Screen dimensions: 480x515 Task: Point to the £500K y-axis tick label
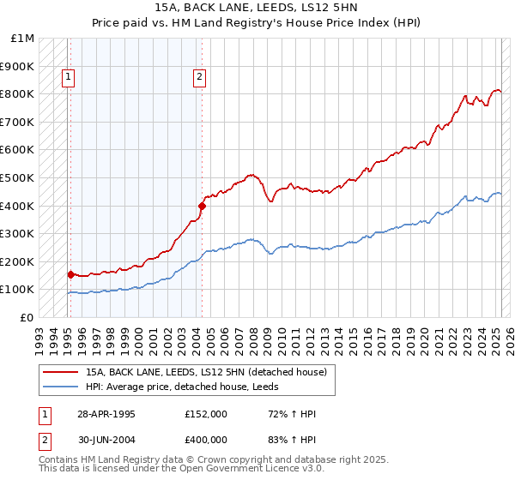point(18,178)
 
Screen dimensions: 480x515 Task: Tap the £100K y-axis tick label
point(18,290)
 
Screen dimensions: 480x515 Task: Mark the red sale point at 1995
point(71,274)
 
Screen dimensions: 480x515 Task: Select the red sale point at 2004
point(202,206)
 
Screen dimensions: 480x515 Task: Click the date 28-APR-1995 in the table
point(106,414)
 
